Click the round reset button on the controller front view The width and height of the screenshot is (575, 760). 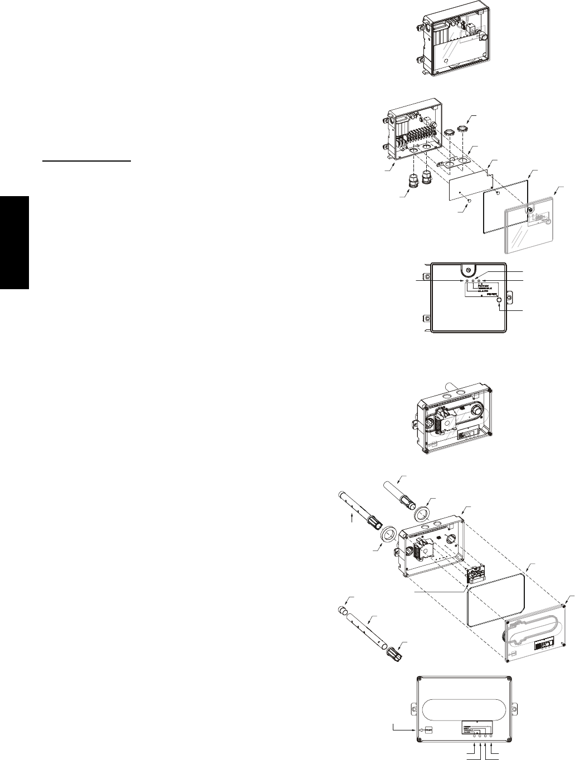click(499, 300)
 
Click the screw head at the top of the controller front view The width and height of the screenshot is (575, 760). click(468, 270)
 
